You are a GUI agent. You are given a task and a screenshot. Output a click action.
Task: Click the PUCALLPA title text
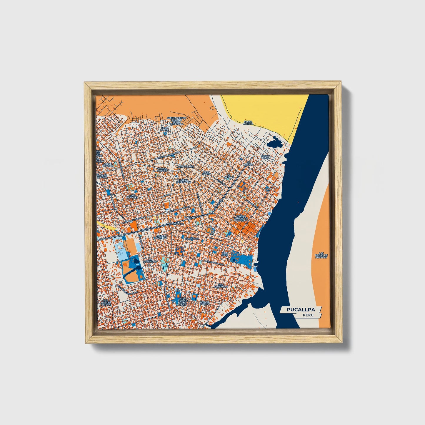[301, 310]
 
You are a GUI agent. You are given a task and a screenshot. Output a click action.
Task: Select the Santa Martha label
[249, 123]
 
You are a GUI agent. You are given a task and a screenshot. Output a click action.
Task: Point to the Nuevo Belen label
[265, 157]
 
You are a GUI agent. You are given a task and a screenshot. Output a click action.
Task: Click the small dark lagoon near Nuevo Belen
[277, 143]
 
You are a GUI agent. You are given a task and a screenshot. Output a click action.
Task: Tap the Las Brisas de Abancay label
[321, 255]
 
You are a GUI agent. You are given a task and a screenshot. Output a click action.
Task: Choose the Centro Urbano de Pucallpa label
[242, 218]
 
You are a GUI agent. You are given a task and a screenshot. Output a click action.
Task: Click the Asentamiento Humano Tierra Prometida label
[176, 121]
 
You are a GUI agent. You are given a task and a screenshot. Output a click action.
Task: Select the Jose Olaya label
[164, 129]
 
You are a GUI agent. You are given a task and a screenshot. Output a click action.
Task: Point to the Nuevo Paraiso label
[162, 170]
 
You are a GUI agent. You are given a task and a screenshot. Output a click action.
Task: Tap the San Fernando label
[221, 285]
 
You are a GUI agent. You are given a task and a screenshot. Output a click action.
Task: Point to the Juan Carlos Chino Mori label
[183, 302]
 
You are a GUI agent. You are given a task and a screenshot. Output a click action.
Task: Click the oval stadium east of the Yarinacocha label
[209, 230]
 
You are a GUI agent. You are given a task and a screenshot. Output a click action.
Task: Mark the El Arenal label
[229, 176]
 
